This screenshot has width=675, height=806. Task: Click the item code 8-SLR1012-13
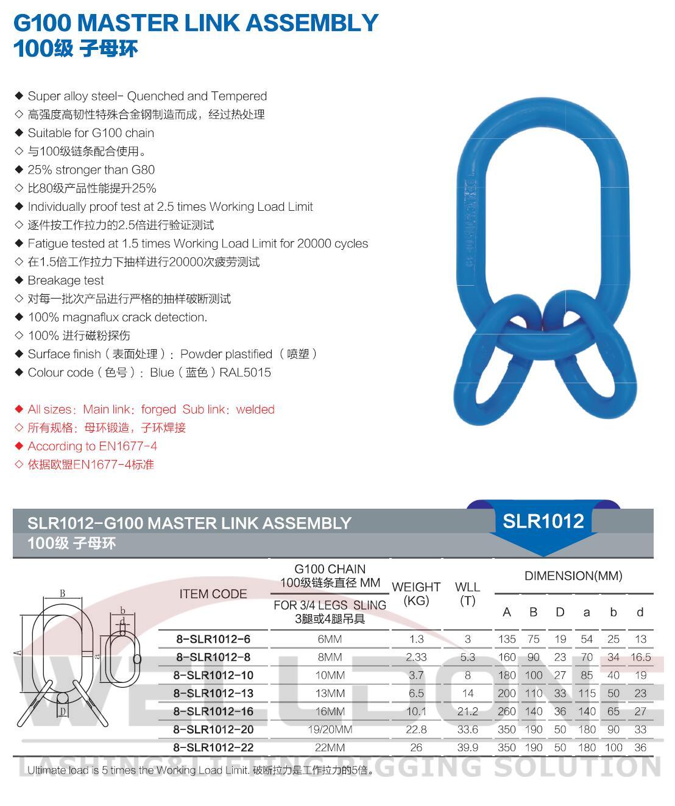point(213,693)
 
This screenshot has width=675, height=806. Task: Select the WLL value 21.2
point(467,712)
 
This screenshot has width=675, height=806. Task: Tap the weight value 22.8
point(416,729)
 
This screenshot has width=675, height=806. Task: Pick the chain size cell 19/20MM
point(330,729)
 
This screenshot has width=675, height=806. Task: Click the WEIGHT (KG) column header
point(416,593)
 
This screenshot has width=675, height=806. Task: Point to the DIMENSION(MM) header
point(573,576)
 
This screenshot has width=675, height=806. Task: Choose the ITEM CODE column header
point(213,594)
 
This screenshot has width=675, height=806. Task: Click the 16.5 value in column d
point(640,657)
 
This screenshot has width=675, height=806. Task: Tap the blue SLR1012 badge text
point(543,521)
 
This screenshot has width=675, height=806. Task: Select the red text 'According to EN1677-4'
point(92,446)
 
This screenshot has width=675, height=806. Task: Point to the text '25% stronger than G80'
point(91,169)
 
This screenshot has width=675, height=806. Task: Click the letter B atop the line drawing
point(63,593)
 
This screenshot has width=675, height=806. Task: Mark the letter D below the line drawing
point(62,711)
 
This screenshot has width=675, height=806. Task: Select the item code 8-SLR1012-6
point(213,639)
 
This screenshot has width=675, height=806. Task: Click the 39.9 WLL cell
point(467,748)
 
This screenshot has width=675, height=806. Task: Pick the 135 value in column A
point(506,639)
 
